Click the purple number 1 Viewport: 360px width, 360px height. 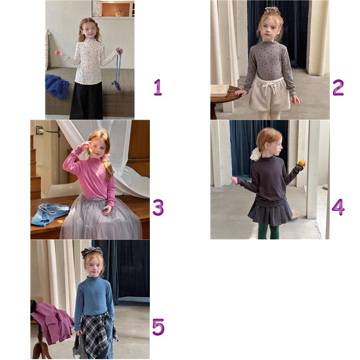[158, 87]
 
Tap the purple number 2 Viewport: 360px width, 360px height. [338, 87]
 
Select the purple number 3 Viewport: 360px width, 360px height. [158, 207]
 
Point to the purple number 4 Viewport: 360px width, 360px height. [338, 207]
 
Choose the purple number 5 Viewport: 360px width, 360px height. [158, 327]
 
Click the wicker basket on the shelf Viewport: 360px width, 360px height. [120, 14]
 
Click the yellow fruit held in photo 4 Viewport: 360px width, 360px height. [301, 163]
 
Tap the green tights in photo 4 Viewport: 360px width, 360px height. [269, 231]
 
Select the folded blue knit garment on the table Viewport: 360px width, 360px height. [49, 214]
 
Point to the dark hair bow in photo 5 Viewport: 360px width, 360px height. [92, 252]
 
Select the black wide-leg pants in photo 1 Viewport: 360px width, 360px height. [86, 100]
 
